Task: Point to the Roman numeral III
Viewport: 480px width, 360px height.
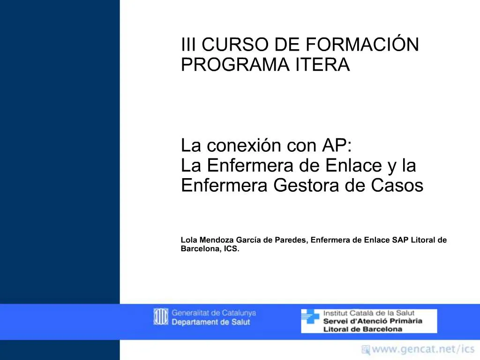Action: coord(189,45)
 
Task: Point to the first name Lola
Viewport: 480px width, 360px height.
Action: coord(189,240)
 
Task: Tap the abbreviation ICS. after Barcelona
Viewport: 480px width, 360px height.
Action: coord(232,249)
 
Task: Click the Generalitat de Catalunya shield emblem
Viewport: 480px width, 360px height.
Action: coord(161,317)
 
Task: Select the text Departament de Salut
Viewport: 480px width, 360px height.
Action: coord(211,322)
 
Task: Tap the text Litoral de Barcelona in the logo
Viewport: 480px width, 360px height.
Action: coord(363,329)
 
